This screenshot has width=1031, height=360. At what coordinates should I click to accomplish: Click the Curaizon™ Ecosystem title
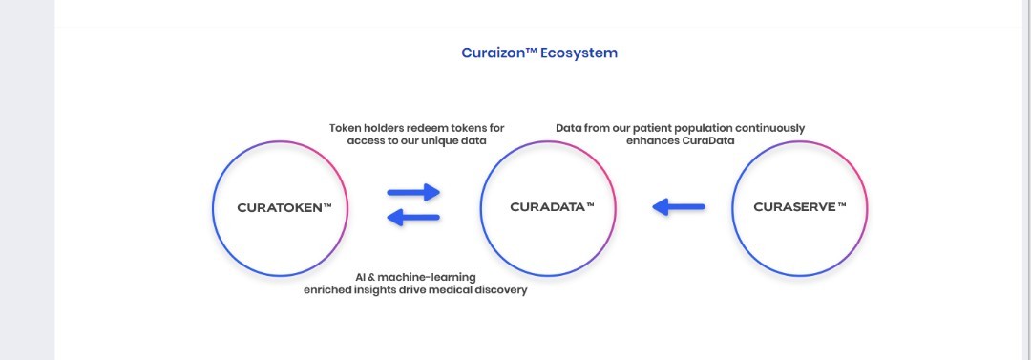click(539, 53)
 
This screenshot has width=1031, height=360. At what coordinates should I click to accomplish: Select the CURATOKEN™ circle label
click(284, 208)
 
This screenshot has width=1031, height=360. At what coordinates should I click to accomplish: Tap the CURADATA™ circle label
click(553, 207)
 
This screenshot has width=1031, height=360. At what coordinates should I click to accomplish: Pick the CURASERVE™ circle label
click(800, 207)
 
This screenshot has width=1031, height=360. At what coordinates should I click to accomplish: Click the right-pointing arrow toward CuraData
click(413, 192)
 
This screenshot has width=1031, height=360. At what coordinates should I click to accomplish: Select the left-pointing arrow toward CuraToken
click(413, 217)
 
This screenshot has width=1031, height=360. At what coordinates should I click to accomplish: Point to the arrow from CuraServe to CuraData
click(679, 206)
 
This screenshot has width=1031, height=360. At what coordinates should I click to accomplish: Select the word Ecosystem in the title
click(579, 53)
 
